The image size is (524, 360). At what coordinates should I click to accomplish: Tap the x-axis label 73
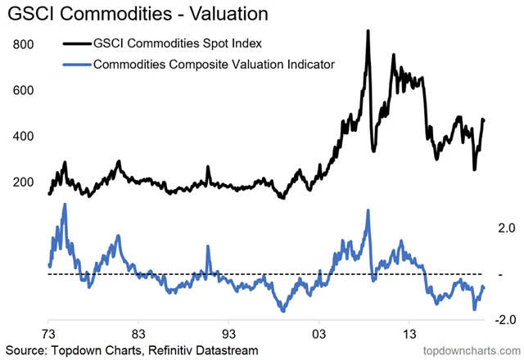pos(49,334)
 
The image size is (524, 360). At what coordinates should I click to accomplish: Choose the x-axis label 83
pos(139,334)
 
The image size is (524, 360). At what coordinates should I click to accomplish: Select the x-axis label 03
pos(319,334)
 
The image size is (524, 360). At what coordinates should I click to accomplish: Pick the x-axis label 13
pos(409,334)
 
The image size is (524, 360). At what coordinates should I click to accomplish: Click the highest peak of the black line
pos(368,32)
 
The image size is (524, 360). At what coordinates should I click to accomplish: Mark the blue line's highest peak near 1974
pos(65,205)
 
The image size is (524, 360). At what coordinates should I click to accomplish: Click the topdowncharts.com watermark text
pos(468,350)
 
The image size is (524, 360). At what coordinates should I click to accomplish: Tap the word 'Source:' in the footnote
pos(27,350)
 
